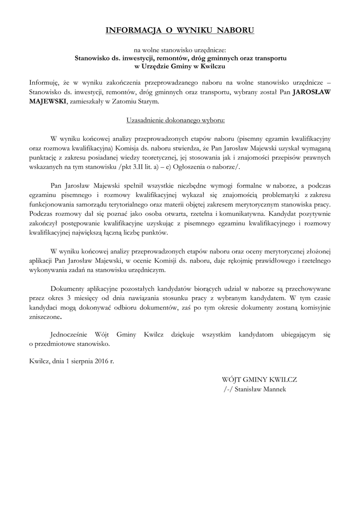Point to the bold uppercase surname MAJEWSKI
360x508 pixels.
click(x=50, y=101)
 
